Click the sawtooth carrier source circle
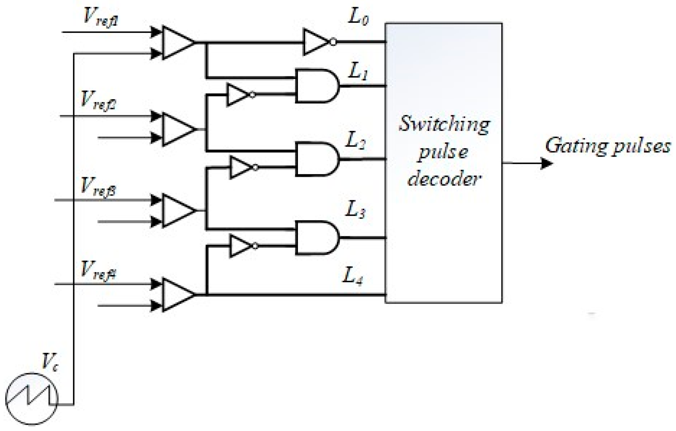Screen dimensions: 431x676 [x=32, y=398]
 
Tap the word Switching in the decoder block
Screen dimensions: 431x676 [x=444, y=124]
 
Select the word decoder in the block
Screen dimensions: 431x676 [x=444, y=179]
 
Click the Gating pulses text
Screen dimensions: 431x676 [x=607, y=146]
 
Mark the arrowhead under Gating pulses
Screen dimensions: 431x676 [x=546, y=163]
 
